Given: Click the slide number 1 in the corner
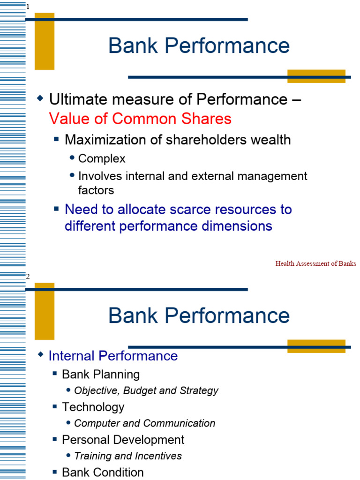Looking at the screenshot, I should coord(28,7).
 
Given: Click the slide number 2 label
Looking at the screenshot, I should coord(28,277).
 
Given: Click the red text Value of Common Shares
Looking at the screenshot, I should coord(140,119).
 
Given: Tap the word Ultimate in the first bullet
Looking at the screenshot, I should coord(74,99).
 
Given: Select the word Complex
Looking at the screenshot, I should coord(102,159).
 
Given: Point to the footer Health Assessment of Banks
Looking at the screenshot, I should coord(315,263).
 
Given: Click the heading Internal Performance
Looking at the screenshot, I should coord(113,356).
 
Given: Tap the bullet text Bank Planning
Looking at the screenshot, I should coord(101,375).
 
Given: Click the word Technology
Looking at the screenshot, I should coord(93,407).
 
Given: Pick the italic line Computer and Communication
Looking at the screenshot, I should coord(145,423).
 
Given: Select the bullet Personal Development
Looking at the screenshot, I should coord(123,440).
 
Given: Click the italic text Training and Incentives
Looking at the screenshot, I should coord(128,456).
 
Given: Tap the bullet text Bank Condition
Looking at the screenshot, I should coord(103,472).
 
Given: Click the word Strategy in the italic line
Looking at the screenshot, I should coord(201,390).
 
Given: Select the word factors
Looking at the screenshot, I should coord(96,190).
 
